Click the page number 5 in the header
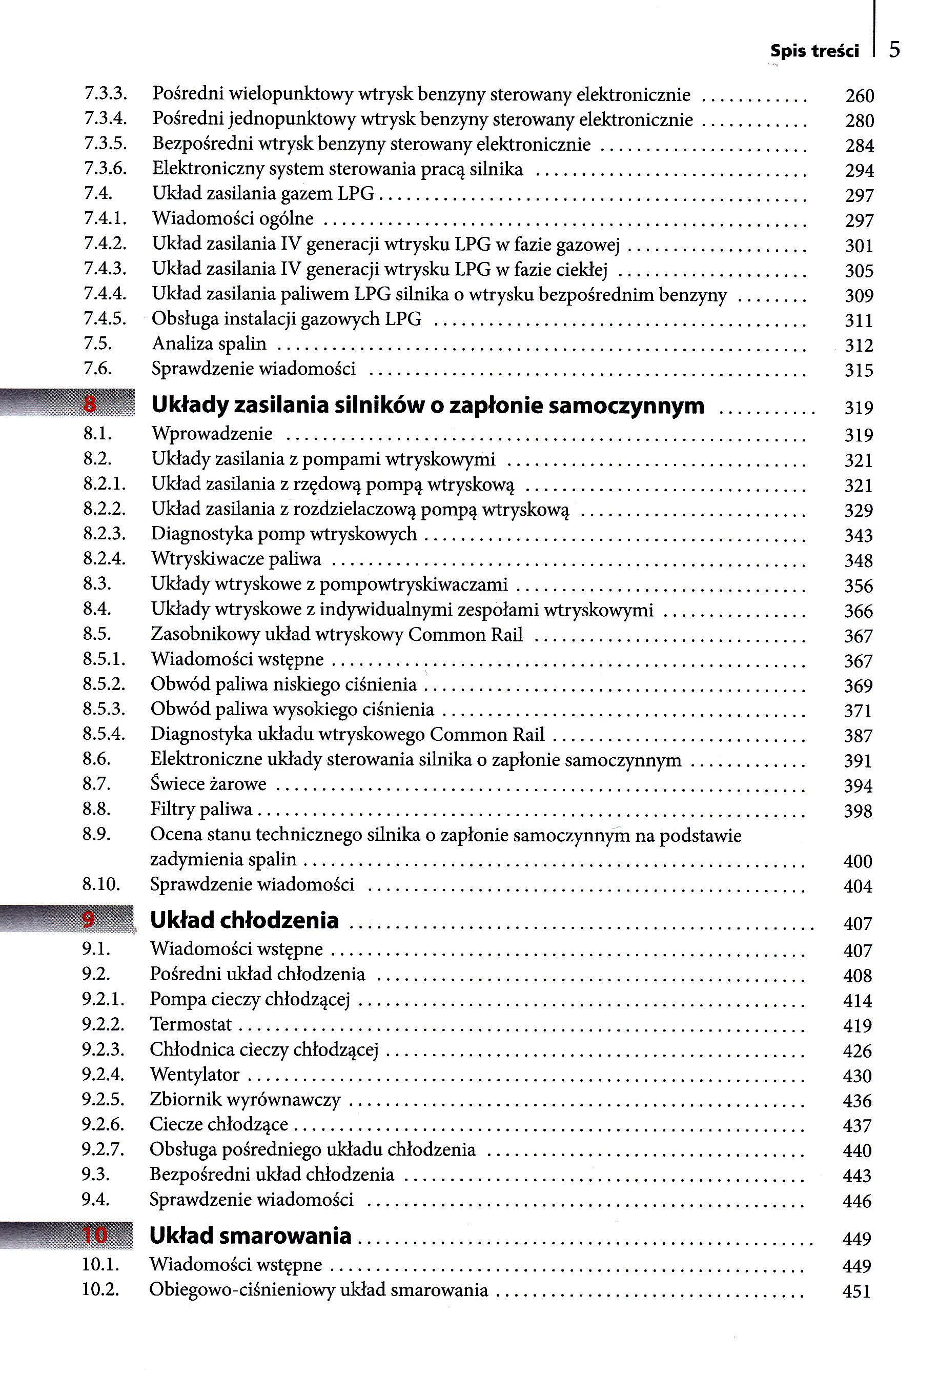click(x=894, y=49)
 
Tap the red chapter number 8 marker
click(x=90, y=405)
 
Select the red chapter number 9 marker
click(x=89, y=919)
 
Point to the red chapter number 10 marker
click(x=94, y=1235)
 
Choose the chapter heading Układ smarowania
click(x=250, y=1235)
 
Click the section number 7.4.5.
click(x=105, y=319)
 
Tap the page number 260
click(x=859, y=96)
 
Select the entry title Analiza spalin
click(x=209, y=344)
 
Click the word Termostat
click(x=190, y=1024)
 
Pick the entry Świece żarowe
click(x=208, y=784)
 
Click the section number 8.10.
click(x=101, y=884)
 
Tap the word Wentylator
click(x=194, y=1075)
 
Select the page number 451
click(x=856, y=1291)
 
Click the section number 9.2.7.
click(x=103, y=1149)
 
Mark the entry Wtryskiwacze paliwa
click(x=236, y=559)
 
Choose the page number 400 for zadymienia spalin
click(x=857, y=861)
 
